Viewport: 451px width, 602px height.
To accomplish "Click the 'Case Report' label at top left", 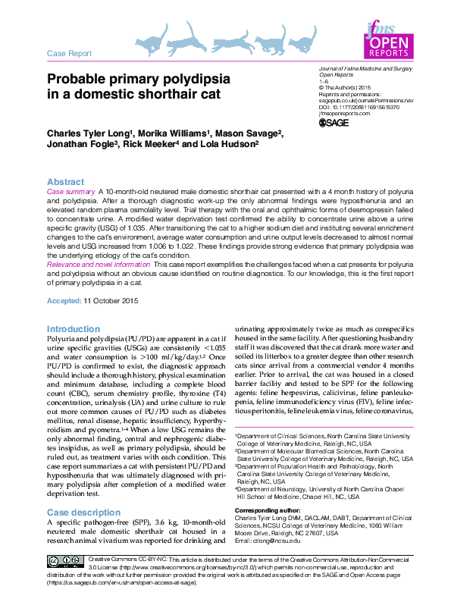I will pos(69,54).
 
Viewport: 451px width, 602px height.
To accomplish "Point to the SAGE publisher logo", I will pos(335,123).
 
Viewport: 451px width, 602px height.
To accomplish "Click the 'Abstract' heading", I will pos(66,183).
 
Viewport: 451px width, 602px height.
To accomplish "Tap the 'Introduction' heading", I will pos(73,328).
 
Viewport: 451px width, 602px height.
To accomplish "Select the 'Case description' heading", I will pos(83,513).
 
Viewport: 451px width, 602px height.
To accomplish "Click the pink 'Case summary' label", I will pos(72,193).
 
